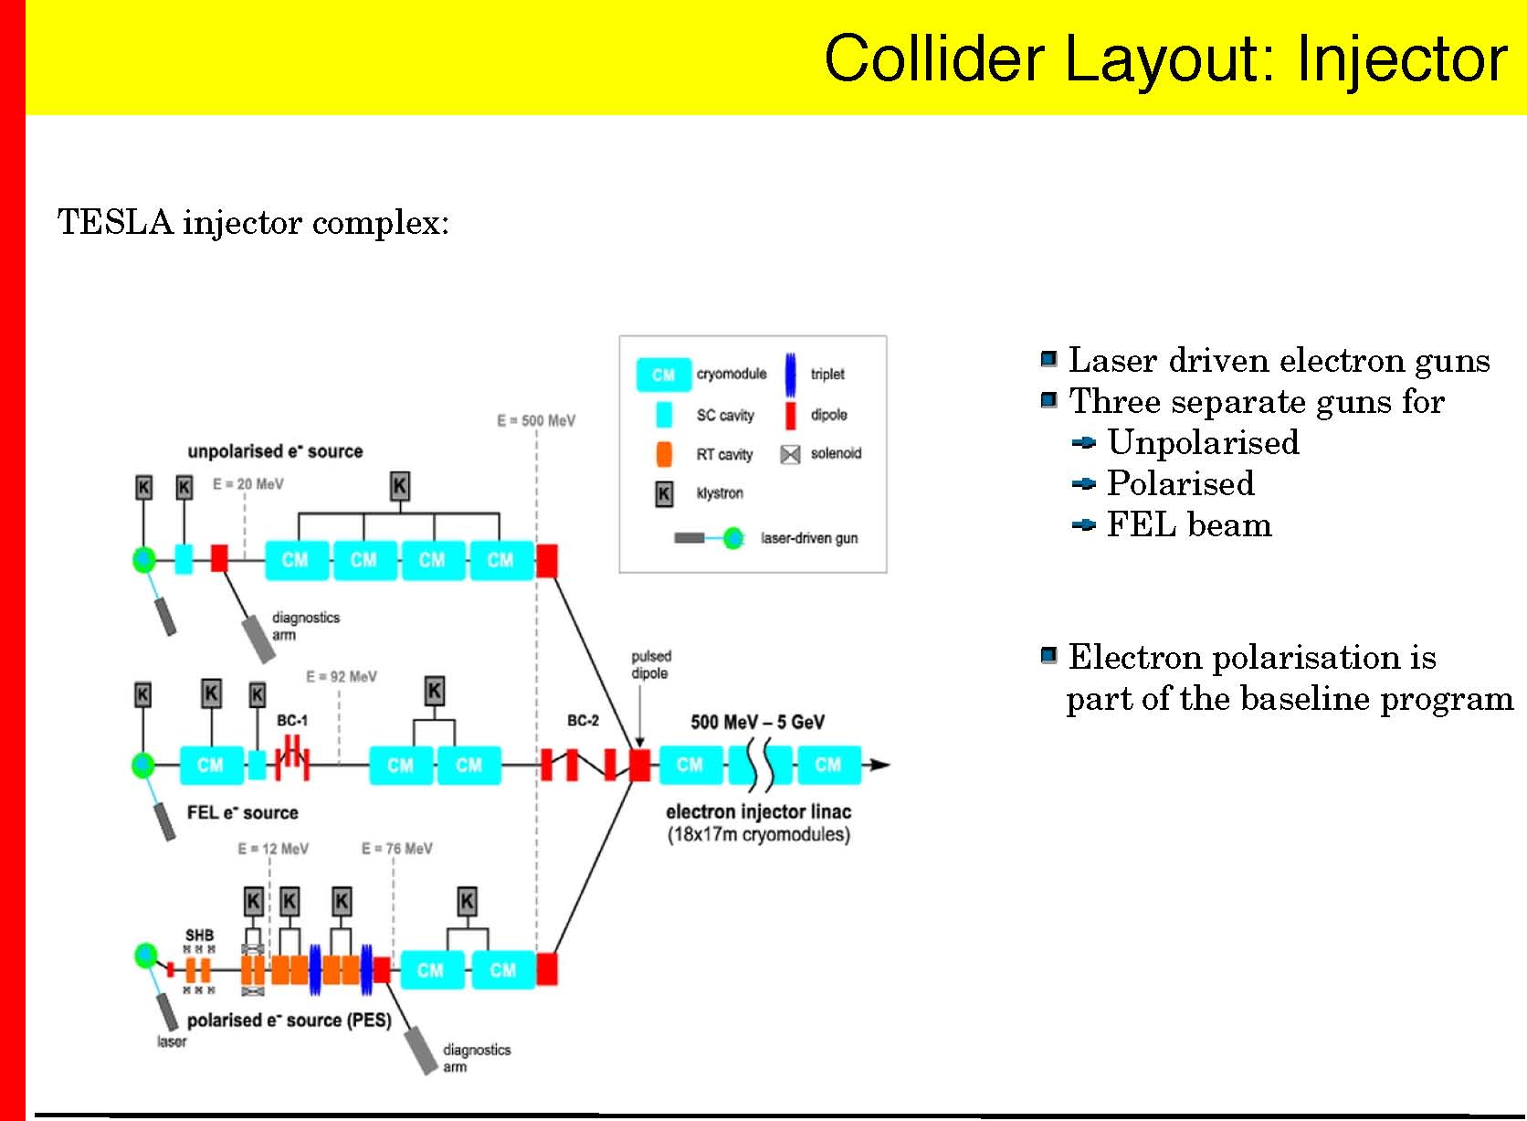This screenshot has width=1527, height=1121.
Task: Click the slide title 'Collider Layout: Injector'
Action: click(1164, 58)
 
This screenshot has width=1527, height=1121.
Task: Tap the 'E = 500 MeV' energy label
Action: click(536, 421)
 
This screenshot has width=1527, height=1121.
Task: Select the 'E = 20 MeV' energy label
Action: click(248, 484)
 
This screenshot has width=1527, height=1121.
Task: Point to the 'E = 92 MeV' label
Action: click(341, 677)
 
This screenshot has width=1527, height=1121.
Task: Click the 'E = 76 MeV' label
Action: click(396, 849)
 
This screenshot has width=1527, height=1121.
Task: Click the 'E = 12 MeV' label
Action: click(273, 849)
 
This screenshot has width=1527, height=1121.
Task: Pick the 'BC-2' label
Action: click(583, 721)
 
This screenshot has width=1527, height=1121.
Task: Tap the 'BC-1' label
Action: click(292, 721)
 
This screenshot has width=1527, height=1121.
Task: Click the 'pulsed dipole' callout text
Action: click(650, 664)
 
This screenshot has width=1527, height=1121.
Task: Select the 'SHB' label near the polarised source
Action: click(199, 936)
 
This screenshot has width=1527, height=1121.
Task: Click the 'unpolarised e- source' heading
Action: click(275, 451)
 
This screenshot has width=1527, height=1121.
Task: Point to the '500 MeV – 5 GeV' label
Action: click(757, 723)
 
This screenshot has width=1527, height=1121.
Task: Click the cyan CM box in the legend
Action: click(663, 375)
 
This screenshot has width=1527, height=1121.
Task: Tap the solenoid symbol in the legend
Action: click(790, 455)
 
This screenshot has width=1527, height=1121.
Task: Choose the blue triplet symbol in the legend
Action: click(791, 374)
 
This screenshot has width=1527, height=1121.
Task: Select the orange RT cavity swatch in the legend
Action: click(664, 454)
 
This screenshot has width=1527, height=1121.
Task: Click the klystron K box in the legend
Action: click(664, 494)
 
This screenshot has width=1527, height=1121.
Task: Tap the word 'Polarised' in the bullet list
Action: click(1180, 483)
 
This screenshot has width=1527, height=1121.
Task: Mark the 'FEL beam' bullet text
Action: click(1189, 524)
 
